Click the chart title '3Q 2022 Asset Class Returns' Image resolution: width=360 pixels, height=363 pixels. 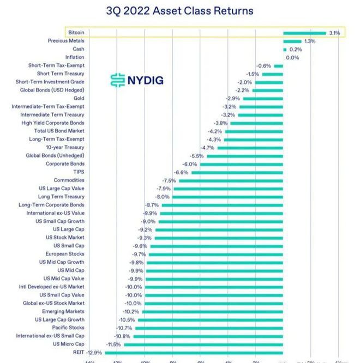pyautogui.click(x=179, y=11)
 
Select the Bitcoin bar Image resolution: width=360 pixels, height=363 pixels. pyautogui.click(x=304, y=33)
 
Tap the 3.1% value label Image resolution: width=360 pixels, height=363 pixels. pyautogui.click(x=334, y=33)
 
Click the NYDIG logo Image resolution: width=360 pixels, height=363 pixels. pyautogui.click(x=136, y=81)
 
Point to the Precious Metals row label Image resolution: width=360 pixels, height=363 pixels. pyautogui.click(x=66, y=41)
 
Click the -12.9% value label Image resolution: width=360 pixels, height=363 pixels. pyautogui.click(x=94, y=352)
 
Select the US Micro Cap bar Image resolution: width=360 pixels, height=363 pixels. pyautogui.click(x=203, y=344)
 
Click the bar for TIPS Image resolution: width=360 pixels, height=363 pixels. pyautogui.click(x=237, y=172)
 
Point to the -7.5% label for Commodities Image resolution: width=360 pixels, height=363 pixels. pyautogui.click(x=169, y=180)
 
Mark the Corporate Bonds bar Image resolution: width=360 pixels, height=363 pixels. pyautogui.click(x=241, y=164)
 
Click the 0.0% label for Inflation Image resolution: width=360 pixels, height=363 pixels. pyautogui.click(x=293, y=57)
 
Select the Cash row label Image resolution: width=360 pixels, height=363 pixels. pyautogui.click(x=78, y=49)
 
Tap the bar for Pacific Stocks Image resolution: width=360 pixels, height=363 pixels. pyautogui.click(x=209, y=328)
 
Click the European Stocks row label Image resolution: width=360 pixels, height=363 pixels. pyautogui.click(x=64, y=254)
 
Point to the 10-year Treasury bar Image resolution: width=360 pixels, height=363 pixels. pyautogui.click(x=250, y=148)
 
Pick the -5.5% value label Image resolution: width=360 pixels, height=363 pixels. pyautogui.click(x=197, y=156)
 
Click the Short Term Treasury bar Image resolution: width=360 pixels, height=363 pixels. pyautogui.click(x=273, y=74)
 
